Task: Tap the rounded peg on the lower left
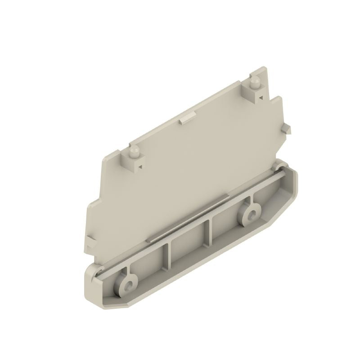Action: [x=133, y=152]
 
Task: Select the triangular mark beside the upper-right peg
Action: [x=260, y=95]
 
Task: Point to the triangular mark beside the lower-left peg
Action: [x=139, y=166]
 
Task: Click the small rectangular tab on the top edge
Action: [x=185, y=119]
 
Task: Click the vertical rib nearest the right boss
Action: [x=209, y=232]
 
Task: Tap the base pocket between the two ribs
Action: [x=189, y=245]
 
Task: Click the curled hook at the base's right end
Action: [x=275, y=167]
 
